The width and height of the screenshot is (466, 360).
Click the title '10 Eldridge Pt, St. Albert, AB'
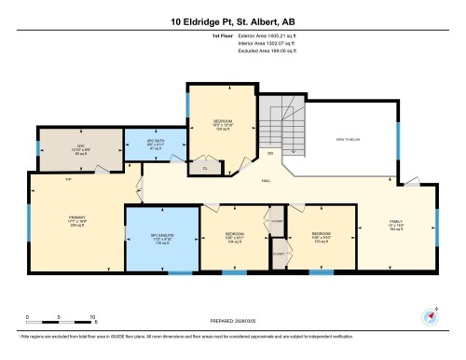tap(232, 21)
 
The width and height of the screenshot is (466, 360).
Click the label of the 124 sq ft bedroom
tap(221, 124)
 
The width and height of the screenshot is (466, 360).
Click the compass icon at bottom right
tap(430, 315)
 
